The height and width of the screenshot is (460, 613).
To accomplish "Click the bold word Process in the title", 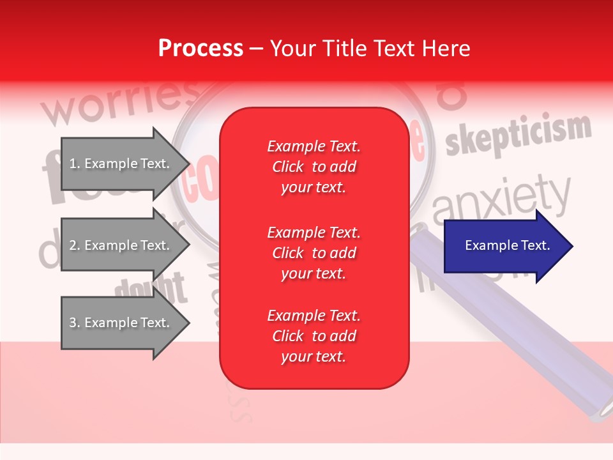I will [x=201, y=49].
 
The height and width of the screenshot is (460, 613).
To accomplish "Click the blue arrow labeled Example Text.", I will [x=507, y=246].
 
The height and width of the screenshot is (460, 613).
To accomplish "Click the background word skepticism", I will [x=518, y=135].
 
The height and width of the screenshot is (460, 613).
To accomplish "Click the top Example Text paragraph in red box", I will [x=314, y=167].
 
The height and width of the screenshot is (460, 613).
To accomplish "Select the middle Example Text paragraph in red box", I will [x=314, y=253].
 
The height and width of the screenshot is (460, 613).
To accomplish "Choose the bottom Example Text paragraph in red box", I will [x=314, y=336].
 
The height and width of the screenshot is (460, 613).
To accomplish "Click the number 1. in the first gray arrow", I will [x=75, y=164].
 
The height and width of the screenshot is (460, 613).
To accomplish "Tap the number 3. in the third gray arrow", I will [x=75, y=323].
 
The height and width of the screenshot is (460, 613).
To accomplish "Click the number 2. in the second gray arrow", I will [x=75, y=245].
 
